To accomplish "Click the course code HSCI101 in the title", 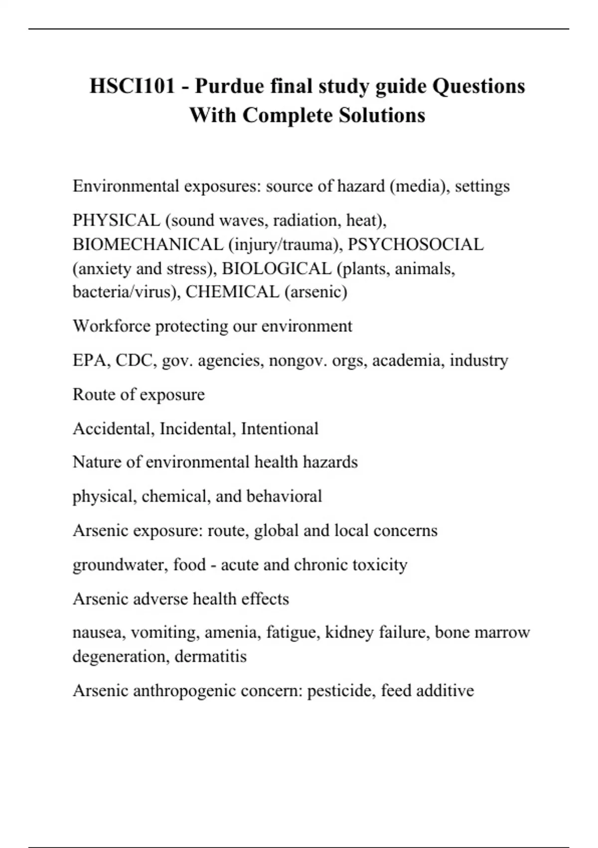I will coord(133,86).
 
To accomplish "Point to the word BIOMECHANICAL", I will coord(148,244).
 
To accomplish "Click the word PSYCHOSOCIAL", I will coord(416,244).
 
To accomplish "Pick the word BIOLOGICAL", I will coord(277,268).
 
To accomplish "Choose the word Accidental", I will coord(113,428).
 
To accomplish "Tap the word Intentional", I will coord(280,428).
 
